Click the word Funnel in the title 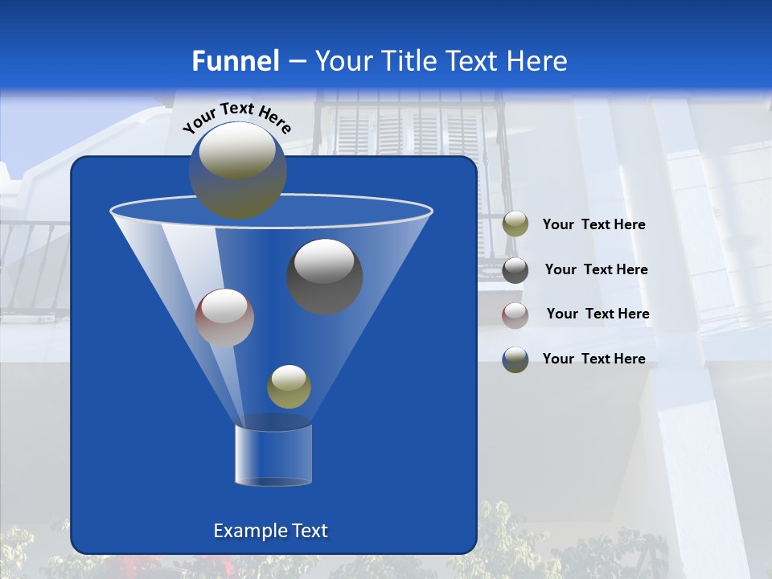[235, 61]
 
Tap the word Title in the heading [409, 61]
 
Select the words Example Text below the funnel [270, 531]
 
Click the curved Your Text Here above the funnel [236, 117]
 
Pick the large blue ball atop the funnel [237, 170]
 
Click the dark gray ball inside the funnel [324, 276]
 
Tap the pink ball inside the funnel [224, 318]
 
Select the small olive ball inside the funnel [289, 387]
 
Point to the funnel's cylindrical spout [273, 454]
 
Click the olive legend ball [515, 224]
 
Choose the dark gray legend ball [515, 269]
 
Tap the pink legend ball [515, 314]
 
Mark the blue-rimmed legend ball [515, 359]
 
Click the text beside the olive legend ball [593, 225]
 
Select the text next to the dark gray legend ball [596, 270]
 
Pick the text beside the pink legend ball [597, 314]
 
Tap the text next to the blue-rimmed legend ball [593, 359]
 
